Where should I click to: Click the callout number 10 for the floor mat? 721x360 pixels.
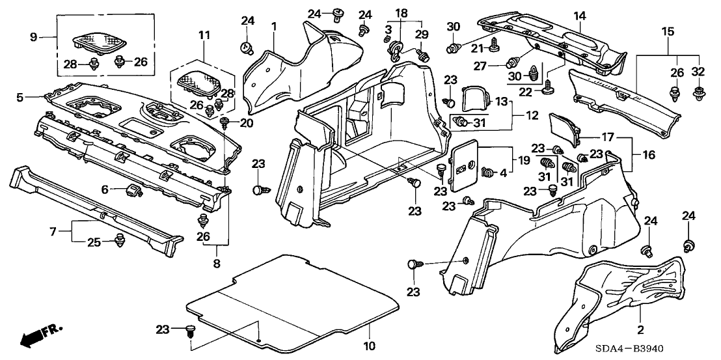tap(368, 345)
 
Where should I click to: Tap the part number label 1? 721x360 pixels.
tap(275, 25)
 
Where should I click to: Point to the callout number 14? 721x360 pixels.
tap(579, 15)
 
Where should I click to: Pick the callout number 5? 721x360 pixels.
tap(20, 97)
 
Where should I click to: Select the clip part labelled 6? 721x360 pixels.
tap(133, 191)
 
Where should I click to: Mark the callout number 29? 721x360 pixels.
tap(422, 33)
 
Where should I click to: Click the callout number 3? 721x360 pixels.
tap(388, 30)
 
